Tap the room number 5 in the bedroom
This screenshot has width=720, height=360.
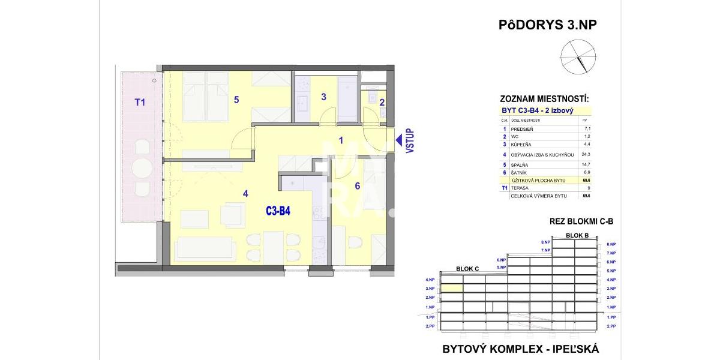236,100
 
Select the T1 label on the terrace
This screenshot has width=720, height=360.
140,103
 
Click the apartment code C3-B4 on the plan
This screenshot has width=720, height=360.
278,211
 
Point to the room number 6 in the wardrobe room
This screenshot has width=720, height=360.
357,186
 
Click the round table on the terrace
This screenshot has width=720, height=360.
142,167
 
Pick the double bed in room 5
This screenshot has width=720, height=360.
206,95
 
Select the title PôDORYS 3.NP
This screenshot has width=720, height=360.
548,25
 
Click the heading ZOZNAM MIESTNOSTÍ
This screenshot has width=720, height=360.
544,99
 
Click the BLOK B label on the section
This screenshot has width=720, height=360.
577,235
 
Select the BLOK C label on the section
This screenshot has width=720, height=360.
467,269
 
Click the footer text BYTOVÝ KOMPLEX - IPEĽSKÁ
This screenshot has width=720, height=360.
520,349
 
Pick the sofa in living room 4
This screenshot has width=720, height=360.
204,247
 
